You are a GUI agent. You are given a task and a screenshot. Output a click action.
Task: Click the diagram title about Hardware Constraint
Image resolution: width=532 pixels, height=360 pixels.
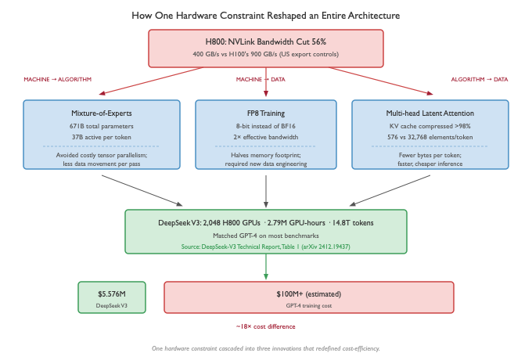(x=266, y=15)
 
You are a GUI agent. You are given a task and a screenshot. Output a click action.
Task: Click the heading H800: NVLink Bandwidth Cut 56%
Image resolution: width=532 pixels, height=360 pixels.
(x=266, y=41)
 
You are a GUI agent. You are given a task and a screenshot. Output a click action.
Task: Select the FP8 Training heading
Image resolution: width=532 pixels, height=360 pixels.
(x=266, y=113)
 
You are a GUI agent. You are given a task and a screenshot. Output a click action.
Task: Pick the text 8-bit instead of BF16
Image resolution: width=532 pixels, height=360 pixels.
(x=266, y=125)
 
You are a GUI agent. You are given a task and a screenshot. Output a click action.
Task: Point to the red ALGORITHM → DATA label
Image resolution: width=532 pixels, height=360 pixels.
(x=479, y=79)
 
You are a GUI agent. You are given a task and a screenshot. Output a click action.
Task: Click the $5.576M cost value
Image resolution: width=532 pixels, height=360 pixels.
(x=111, y=293)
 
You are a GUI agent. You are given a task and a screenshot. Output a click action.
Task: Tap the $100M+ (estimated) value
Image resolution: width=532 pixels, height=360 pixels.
(x=308, y=293)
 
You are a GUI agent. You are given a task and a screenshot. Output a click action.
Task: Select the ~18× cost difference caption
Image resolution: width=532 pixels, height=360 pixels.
(x=265, y=326)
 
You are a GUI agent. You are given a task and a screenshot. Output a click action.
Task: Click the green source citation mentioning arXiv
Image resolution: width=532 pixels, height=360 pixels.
(x=266, y=246)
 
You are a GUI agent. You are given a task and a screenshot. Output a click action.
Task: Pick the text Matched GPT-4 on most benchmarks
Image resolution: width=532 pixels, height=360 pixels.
(x=266, y=235)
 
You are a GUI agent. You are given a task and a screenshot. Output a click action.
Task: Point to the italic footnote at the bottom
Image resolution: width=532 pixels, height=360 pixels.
(x=266, y=347)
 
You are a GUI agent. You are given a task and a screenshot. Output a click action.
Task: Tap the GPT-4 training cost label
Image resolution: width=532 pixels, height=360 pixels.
(x=308, y=305)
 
